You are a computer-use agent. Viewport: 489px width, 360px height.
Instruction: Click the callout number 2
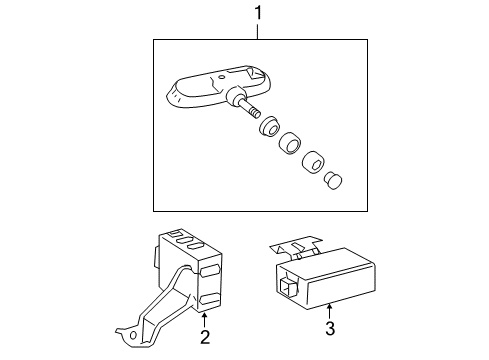(x=204, y=337)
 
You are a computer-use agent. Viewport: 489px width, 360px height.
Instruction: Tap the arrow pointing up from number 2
(x=204, y=317)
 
